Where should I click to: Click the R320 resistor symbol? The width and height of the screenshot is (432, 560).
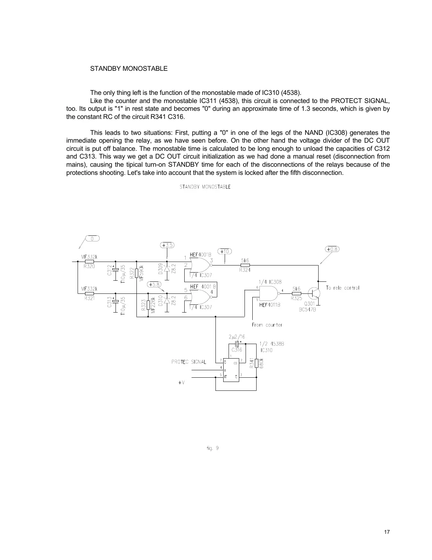tap(90, 262)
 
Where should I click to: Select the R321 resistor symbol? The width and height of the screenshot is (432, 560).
tap(90, 293)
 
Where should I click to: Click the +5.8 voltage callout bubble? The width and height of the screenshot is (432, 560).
tap(155, 284)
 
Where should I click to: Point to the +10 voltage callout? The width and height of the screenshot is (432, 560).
tap(225, 251)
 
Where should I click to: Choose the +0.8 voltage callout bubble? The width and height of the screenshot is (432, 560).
tap(332, 249)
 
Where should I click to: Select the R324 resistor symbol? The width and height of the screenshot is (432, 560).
tap(245, 265)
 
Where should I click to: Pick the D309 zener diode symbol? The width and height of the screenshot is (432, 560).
tap(167, 268)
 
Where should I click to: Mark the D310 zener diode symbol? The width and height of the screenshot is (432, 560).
tap(167, 300)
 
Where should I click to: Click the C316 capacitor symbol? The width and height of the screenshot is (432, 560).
tap(237, 344)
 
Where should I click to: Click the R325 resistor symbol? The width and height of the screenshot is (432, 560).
tap(296, 293)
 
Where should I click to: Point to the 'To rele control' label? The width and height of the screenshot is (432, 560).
tap(342, 288)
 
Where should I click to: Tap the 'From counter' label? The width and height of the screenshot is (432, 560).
tap(267, 325)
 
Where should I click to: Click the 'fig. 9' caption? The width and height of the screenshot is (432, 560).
tap(213, 448)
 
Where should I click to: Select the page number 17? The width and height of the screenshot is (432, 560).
tap(387, 532)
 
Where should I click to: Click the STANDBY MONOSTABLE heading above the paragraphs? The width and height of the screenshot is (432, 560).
tap(129, 69)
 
